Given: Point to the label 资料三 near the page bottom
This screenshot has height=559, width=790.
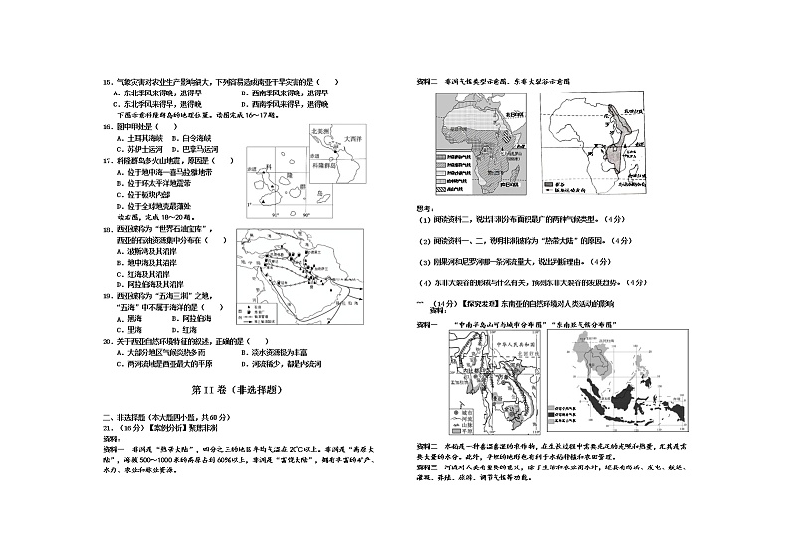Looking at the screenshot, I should [425, 465].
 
